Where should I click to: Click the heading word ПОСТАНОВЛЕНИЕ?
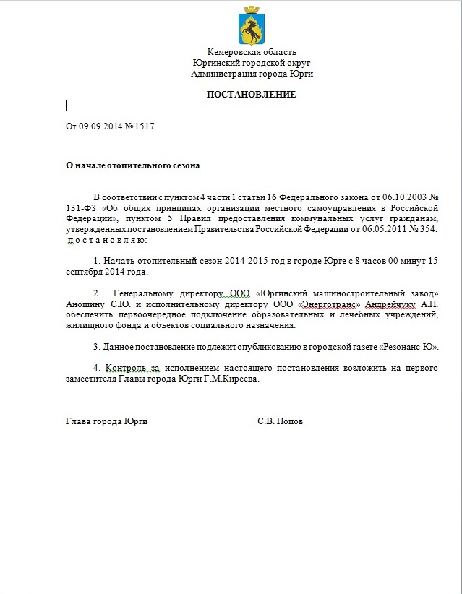coord(252,94)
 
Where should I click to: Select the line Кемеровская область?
coord(252,52)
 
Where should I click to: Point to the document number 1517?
coord(144,126)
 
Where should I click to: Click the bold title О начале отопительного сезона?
coord(132,165)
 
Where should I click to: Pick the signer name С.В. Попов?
coord(280,421)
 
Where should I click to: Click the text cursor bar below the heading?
coord(67,106)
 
